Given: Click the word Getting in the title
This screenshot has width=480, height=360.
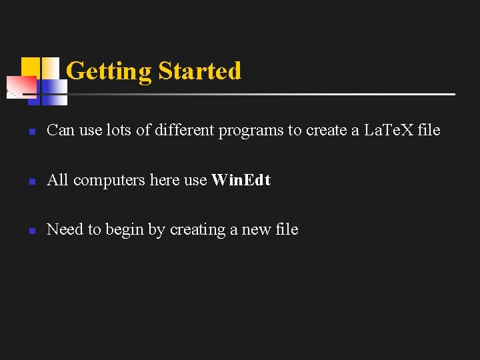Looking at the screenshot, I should [x=109, y=71].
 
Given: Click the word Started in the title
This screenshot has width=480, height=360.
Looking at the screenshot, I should [x=199, y=71].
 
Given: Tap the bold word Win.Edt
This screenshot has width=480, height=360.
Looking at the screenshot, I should [x=241, y=180].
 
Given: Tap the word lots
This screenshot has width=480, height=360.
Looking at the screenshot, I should [x=119, y=130].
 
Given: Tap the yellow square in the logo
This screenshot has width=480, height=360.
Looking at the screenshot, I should [x=30, y=67].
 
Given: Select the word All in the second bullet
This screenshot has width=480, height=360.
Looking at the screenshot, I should [x=58, y=180].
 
